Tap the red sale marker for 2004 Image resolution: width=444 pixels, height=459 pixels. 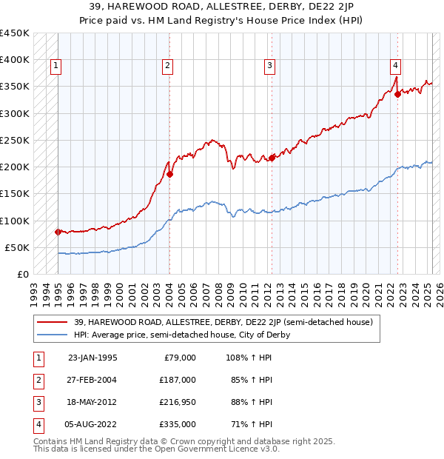[169, 174]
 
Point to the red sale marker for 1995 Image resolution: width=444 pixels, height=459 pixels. [58, 232]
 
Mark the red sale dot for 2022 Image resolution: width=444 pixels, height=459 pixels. [397, 94]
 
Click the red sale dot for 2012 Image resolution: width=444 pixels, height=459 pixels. [272, 158]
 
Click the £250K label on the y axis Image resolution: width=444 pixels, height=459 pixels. [14, 140]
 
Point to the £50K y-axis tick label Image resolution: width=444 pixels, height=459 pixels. [17, 247]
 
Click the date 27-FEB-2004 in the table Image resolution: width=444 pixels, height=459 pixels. [92, 379]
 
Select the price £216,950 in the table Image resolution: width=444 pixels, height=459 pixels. [178, 402]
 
